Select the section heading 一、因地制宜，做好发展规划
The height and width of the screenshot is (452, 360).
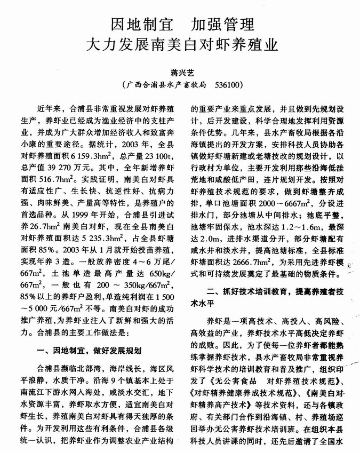[87, 351]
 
